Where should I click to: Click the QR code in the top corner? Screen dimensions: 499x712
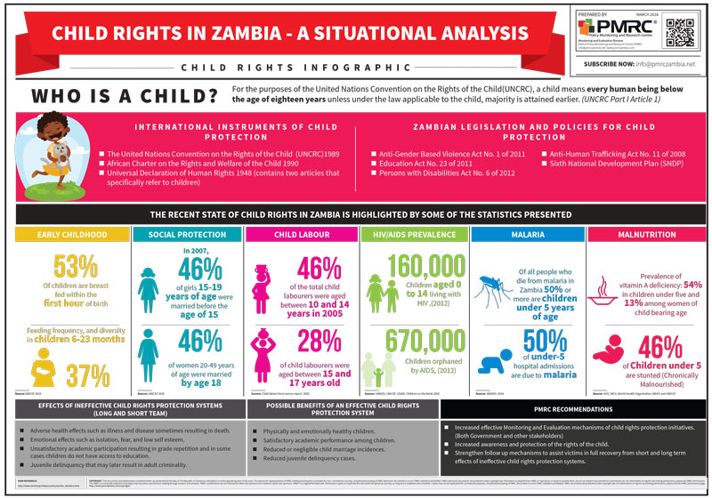click(679, 31)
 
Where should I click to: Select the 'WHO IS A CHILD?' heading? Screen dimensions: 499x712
click(125, 95)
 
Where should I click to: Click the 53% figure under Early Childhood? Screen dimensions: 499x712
click(64, 267)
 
